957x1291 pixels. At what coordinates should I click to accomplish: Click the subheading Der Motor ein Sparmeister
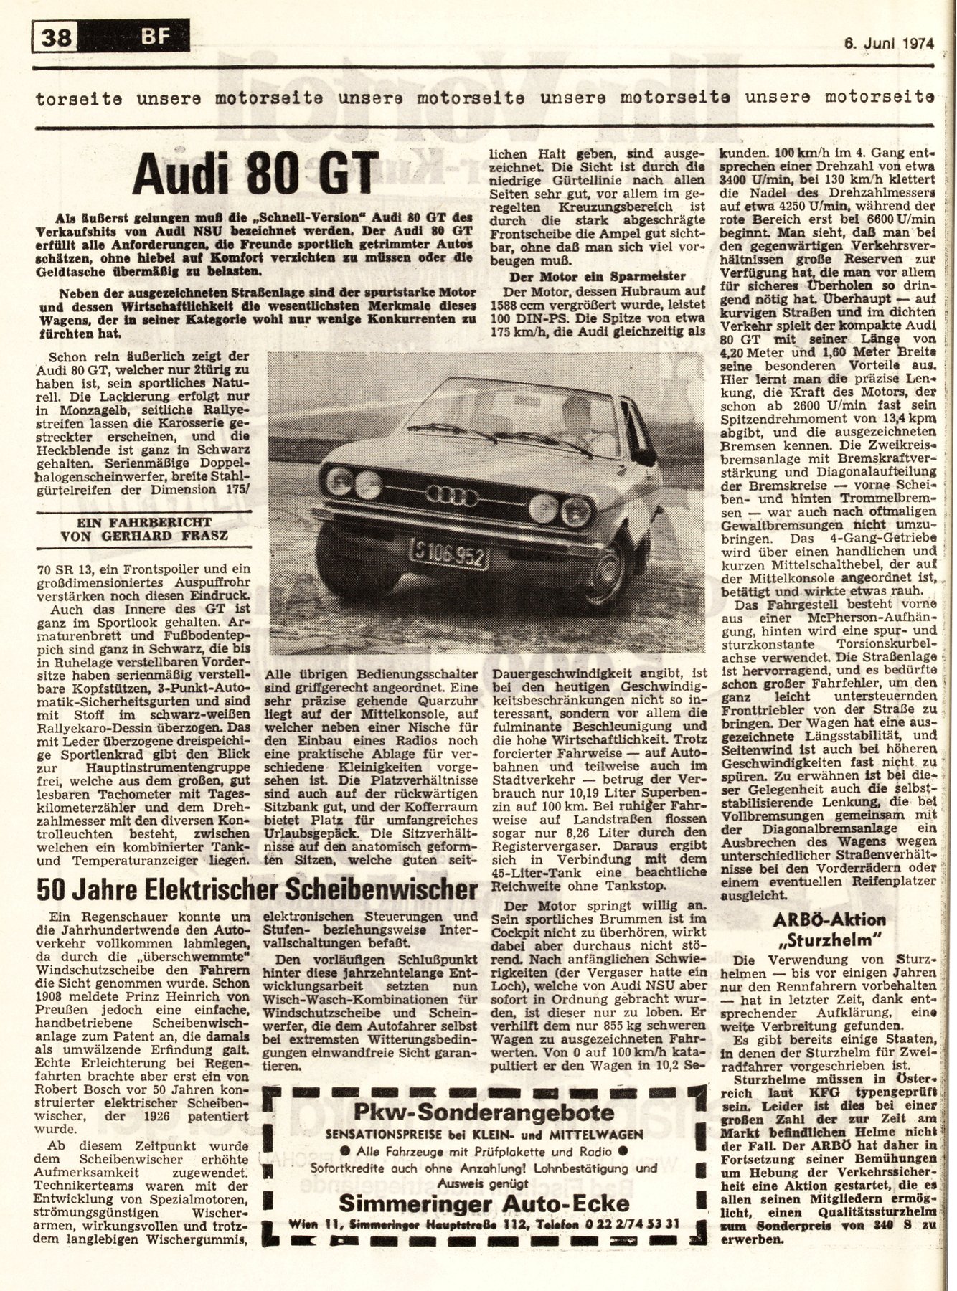597,277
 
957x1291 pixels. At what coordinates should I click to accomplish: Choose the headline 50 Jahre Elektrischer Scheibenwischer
256,890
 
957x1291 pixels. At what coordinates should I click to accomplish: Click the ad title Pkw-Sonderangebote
484,1112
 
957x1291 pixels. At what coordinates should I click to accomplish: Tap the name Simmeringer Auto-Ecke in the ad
484,1203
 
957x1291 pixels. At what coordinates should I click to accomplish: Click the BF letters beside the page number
154,34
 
